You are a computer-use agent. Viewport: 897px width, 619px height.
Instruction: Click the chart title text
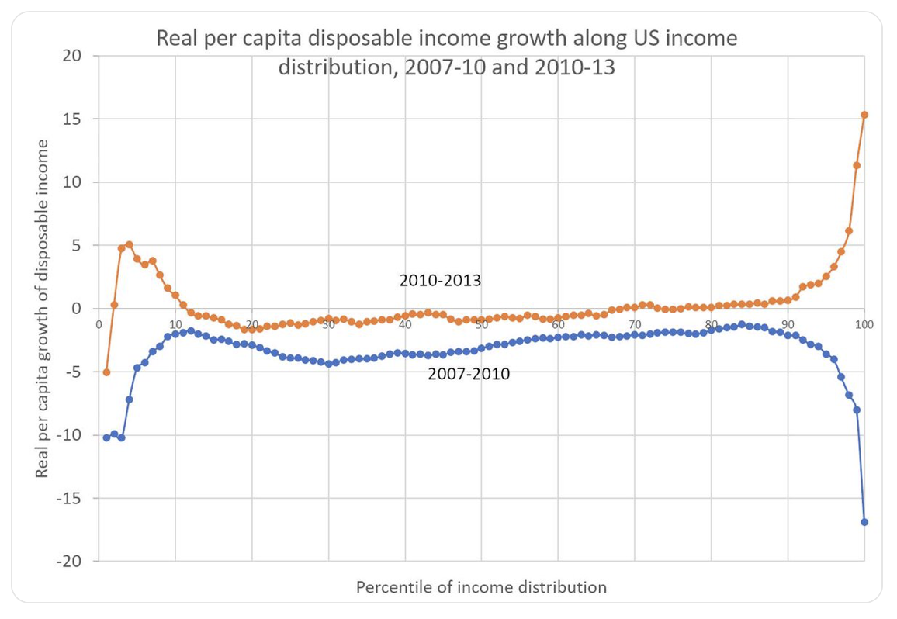446,52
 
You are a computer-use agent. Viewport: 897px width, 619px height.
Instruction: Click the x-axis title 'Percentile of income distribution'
481,586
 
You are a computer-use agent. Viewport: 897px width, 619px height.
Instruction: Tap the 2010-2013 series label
440,280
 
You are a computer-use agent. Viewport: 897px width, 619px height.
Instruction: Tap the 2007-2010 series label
469,375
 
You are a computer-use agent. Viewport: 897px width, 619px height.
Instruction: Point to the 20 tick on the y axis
72,56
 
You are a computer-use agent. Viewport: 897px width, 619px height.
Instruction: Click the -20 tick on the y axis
69,561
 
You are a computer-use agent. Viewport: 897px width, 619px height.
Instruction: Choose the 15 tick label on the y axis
72,119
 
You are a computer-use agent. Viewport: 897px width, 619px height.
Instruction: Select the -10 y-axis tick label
69,434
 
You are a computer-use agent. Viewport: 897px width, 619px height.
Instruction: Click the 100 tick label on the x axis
864,323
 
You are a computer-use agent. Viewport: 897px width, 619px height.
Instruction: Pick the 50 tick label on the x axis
481,323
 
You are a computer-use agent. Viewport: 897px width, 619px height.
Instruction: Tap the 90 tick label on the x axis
788,323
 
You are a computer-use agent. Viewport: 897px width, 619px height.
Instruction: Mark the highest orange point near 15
864,115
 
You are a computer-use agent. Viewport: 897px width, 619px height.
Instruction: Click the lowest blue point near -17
864,522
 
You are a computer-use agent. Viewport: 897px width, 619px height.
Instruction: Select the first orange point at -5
106,372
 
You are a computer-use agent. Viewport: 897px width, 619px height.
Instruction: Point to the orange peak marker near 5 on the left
130,245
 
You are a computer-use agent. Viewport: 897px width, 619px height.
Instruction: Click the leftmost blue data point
106,437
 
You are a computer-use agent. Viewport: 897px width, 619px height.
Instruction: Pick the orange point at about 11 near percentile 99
857,165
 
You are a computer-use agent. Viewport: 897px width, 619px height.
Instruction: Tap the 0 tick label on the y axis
77,308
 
